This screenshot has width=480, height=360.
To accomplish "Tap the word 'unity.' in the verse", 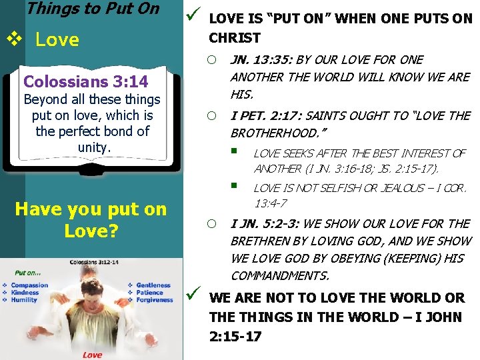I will pyautogui.click(x=93, y=147).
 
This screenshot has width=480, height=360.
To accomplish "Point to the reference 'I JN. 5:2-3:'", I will pyautogui.click(x=263, y=223).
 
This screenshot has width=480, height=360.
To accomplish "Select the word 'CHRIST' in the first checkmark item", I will pyautogui.click(x=235, y=37).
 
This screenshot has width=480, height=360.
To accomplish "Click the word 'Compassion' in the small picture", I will pyautogui.click(x=29, y=285).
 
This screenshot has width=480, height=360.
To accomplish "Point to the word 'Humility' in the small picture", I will pyautogui.click(x=24, y=300).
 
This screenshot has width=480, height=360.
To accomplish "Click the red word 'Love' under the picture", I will pyautogui.click(x=92, y=355).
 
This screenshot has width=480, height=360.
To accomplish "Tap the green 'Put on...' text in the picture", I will pyautogui.click(x=29, y=273).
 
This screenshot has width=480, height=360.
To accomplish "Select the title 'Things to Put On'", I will pyautogui.click(x=93, y=9).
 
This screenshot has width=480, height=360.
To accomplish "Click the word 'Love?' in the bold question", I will pyautogui.click(x=91, y=231).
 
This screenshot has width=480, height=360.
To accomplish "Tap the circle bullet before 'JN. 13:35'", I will pyautogui.click(x=211, y=60).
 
